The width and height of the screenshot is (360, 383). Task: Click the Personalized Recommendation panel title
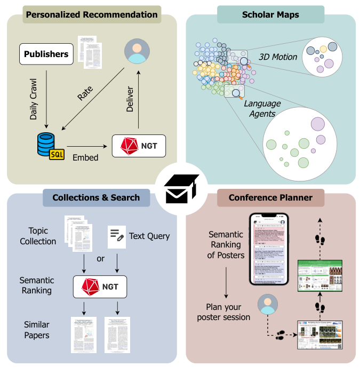[x=92, y=14]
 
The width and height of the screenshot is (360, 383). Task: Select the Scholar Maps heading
[x=270, y=14]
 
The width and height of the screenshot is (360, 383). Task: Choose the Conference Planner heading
[x=270, y=197]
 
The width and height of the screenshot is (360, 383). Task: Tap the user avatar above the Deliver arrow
[x=137, y=52]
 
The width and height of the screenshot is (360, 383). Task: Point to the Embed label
[x=85, y=158]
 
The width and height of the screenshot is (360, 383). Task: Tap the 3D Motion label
[x=278, y=57]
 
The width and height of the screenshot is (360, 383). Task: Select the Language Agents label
[x=259, y=108]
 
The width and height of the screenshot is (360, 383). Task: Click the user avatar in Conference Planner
[x=266, y=305]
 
